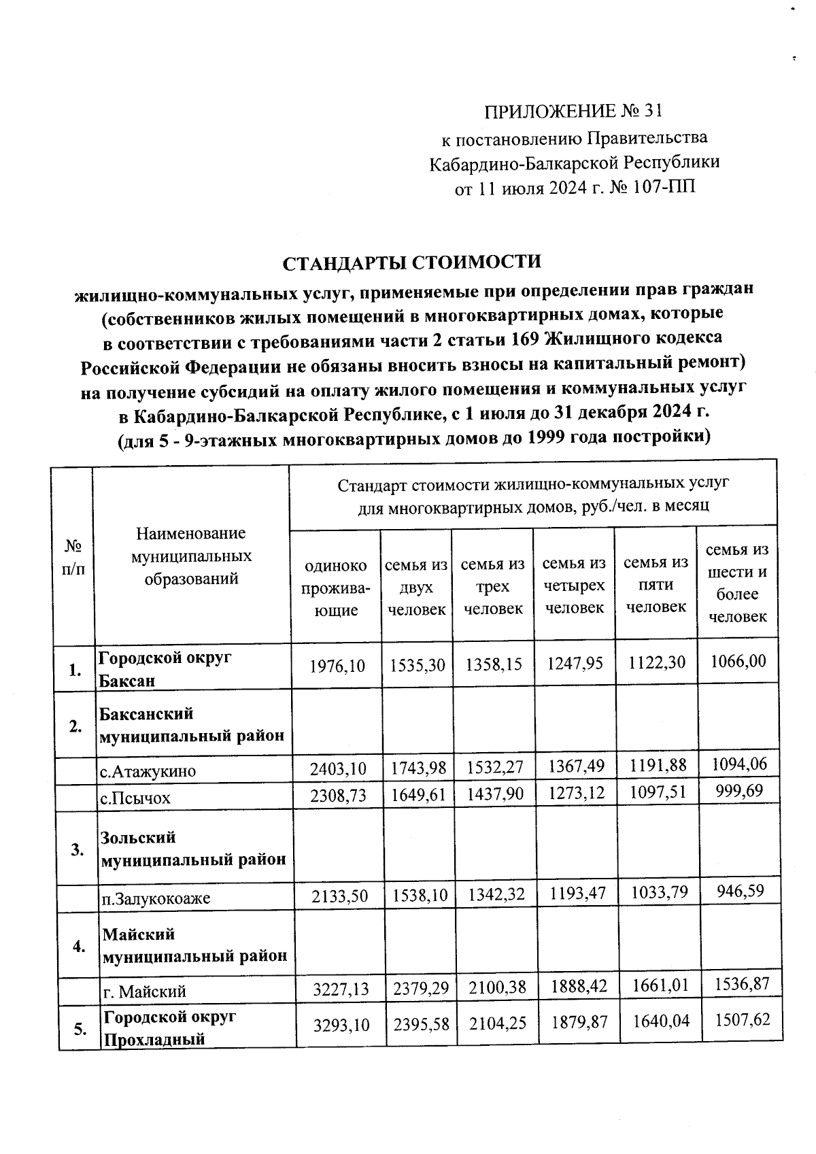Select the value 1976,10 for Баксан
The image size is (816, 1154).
pos(337,665)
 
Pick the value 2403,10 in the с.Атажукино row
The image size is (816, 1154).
pos(338,769)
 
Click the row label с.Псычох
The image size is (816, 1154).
pos(135,798)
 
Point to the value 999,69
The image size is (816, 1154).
pos(741,790)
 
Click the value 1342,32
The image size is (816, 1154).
pos(494,895)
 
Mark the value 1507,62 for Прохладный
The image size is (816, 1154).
pos(741,1019)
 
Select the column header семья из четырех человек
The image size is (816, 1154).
pos(575,585)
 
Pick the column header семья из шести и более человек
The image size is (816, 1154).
pos(737,582)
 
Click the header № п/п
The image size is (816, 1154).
pos(73,558)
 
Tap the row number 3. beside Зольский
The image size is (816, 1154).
pos(78,849)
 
